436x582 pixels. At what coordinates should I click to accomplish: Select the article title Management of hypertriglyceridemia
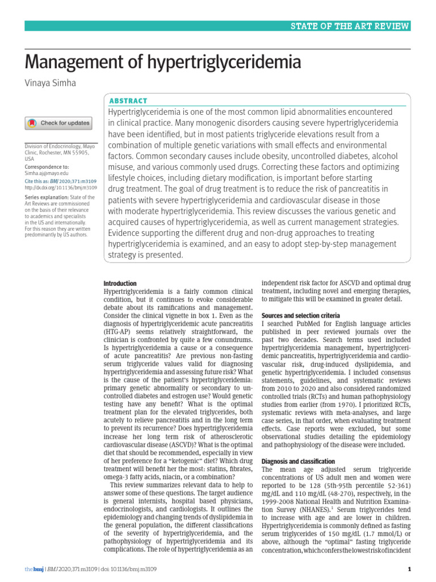163,63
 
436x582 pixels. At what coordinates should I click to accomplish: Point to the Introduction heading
120,284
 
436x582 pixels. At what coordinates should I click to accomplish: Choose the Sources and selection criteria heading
300,315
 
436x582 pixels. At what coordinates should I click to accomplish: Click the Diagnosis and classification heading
298,461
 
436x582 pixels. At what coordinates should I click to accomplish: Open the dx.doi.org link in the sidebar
61,187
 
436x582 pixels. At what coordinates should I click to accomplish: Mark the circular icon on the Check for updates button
33,123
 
